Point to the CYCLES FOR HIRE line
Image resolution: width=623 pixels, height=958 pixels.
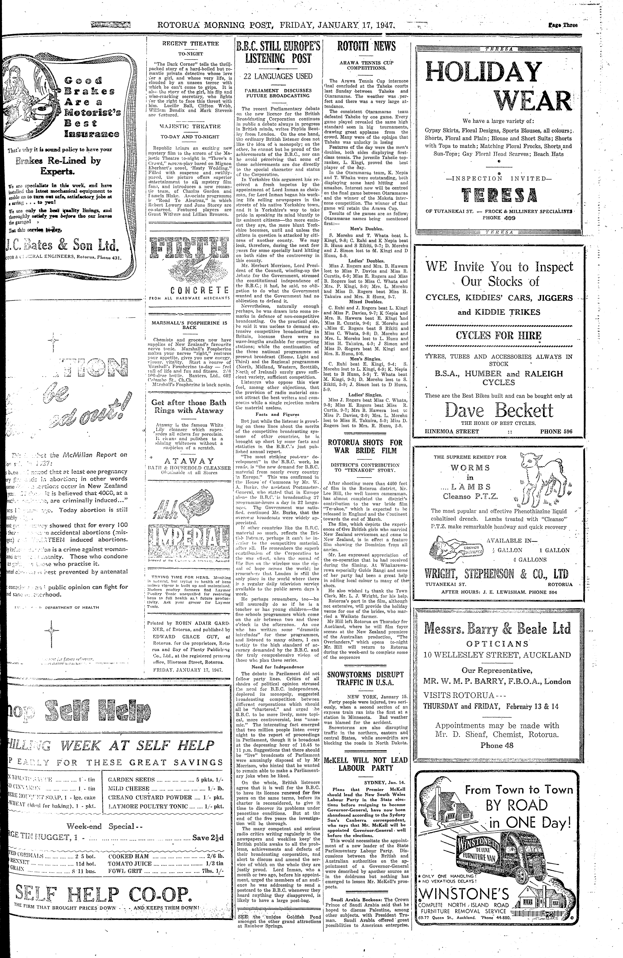[x=499, y=336]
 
